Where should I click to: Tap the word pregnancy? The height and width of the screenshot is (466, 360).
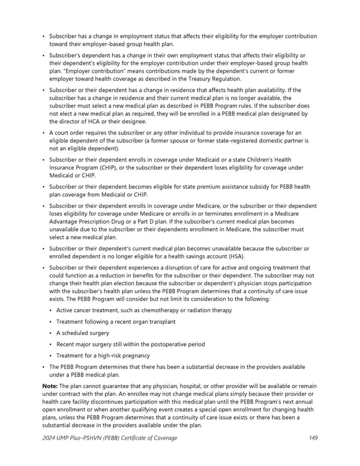pos(130,356)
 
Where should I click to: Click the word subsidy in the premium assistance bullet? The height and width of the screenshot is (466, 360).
pos(239,187)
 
